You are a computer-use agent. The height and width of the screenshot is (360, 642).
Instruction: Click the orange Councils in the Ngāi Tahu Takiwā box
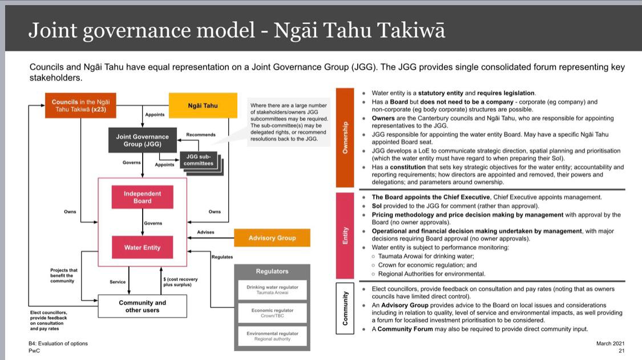(x=80, y=106)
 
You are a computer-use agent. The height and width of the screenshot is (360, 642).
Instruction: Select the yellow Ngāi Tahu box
(x=203, y=106)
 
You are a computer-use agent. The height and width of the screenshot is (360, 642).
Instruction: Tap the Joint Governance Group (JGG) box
(x=142, y=140)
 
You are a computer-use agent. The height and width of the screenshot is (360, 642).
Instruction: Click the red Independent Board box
(x=142, y=197)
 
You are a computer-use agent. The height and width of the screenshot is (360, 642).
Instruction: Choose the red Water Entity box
(x=142, y=248)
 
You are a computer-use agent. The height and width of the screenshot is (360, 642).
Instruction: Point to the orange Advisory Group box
(x=272, y=238)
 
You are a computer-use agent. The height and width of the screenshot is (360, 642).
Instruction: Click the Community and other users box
(x=142, y=306)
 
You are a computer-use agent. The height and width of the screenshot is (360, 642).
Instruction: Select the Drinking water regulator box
(x=272, y=289)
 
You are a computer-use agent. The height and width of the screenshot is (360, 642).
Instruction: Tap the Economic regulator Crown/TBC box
(x=272, y=313)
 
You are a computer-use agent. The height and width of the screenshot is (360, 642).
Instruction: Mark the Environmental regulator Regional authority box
(x=272, y=335)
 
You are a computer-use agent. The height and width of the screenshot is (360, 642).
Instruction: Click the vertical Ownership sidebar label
(x=345, y=137)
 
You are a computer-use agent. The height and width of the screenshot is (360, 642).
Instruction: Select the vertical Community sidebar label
(x=345, y=309)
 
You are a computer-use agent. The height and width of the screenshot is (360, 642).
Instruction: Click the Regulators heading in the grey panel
(x=272, y=271)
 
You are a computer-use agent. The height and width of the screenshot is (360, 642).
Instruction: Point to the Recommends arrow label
(x=201, y=135)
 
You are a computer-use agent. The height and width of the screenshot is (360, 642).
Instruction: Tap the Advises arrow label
(x=205, y=232)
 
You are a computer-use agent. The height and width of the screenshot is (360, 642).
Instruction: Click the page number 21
(x=621, y=351)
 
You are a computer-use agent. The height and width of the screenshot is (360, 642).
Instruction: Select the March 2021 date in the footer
(x=610, y=343)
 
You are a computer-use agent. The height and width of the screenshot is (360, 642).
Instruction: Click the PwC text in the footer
(x=34, y=351)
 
